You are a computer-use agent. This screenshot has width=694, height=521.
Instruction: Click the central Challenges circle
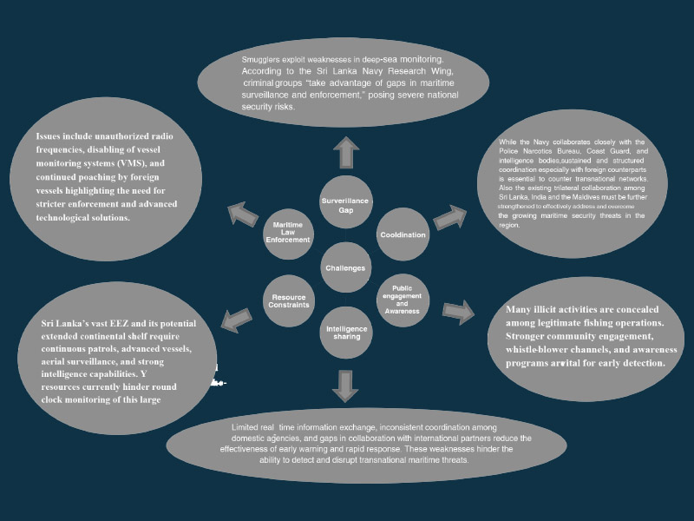(x=345, y=267)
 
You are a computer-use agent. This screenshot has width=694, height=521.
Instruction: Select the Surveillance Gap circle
(x=345, y=205)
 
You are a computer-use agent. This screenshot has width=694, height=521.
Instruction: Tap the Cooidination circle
(x=403, y=235)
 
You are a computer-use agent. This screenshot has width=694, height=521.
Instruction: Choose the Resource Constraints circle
(x=289, y=302)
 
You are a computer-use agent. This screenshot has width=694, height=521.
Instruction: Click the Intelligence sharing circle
(x=346, y=331)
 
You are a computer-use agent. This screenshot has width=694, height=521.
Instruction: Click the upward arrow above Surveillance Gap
(x=345, y=152)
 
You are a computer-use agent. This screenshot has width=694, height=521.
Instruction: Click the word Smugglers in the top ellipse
(x=264, y=60)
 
